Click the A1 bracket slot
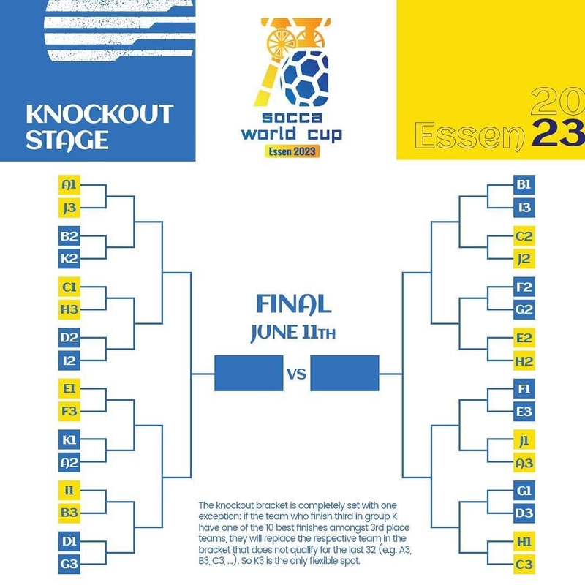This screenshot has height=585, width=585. click(69, 186)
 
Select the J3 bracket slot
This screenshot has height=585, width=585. click(69, 208)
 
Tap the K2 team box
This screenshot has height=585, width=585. click(69, 258)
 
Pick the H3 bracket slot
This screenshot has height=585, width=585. click(69, 309)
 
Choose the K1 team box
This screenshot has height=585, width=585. click(69, 439)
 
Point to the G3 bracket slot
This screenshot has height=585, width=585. click(69, 564)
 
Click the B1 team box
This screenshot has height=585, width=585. click(524, 186)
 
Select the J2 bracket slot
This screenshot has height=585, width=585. click(524, 258)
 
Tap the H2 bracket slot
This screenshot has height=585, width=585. click(524, 361)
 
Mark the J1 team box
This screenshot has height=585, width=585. click(524, 439)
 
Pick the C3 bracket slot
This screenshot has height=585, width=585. click(524, 564)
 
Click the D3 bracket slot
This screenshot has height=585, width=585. click(524, 513)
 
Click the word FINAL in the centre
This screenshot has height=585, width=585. click(294, 304)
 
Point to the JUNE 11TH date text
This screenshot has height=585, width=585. click(294, 332)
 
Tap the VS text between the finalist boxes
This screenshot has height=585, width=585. click(295, 374)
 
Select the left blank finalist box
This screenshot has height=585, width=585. click(248, 373)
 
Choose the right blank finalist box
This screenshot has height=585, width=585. click(344, 373)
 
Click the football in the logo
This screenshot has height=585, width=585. click(305, 77)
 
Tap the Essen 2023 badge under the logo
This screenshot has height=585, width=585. click(292, 151)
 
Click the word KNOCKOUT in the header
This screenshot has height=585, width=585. click(99, 115)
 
